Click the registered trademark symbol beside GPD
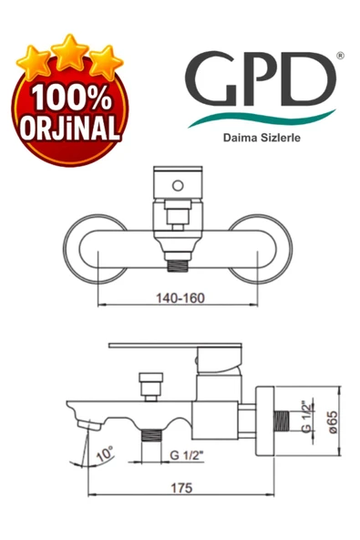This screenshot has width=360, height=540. (x=340, y=56)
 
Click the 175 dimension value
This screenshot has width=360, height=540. (x=181, y=488)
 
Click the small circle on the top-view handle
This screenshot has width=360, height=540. (x=180, y=190)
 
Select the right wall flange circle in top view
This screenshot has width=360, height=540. (x=264, y=248)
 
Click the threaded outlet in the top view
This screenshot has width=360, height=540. (x=179, y=265)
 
